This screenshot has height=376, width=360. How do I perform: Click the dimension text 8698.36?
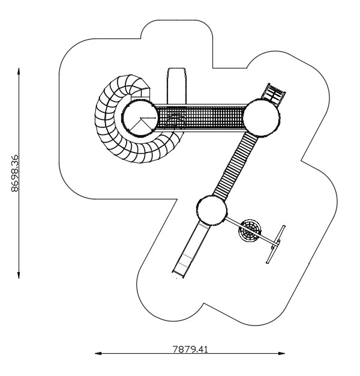[x=14, y=173]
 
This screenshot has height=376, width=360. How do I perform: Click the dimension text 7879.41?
[x=190, y=349]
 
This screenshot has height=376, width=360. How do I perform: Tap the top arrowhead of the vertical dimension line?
[x=19, y=71]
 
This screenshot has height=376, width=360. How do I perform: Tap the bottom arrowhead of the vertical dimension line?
[x=19, y=275]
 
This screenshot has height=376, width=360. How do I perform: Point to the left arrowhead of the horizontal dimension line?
[x=98, y=353]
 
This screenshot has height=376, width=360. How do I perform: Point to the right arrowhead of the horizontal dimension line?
[x=281, y=353]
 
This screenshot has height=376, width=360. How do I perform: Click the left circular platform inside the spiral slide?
[x=140, y=118]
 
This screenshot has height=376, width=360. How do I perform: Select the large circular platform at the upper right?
[x=262, y=118]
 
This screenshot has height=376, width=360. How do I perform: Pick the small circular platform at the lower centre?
[x=212, y=210]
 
